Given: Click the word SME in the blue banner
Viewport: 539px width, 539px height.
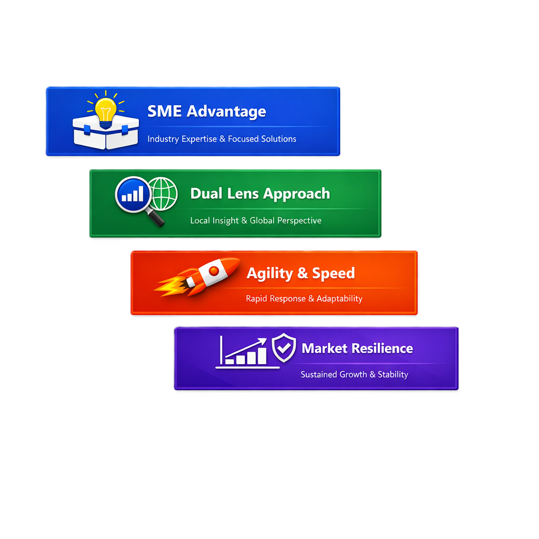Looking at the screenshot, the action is (x=164, y=112).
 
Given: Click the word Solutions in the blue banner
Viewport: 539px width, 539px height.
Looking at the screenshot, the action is (x=279, y=139).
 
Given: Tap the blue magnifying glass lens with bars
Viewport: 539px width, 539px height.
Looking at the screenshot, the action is (x=133, y=194).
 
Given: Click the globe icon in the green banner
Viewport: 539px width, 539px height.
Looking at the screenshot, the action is (x=164, y=194).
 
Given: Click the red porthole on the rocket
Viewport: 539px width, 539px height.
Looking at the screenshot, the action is (x=214, y=271).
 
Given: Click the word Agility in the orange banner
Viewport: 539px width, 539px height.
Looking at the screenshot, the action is (x=269, y=274).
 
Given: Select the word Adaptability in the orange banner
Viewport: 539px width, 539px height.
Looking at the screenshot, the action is (x=340, y=299).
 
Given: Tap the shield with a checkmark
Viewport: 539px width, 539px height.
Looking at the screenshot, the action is (x=284, y=347).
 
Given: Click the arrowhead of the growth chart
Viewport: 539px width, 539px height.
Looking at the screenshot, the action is (x=262, y=342).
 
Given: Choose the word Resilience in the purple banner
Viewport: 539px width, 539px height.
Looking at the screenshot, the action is (x=383, y=348).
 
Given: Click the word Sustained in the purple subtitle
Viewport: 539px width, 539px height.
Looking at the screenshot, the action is (x=316, y=374).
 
